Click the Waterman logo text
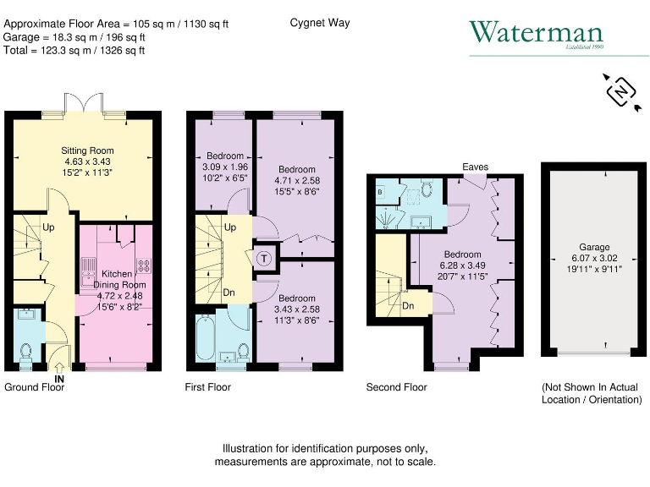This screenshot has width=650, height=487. tap(536, 34)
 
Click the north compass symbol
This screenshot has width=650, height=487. tap(621, 90)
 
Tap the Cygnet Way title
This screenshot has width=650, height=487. tap(319, 23)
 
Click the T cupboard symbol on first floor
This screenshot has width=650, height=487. tap(264, 258)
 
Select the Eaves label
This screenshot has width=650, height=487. tap(475, 167)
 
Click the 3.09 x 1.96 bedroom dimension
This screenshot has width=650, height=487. tap(224, 167)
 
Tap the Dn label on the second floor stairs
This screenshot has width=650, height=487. tap(408, 306)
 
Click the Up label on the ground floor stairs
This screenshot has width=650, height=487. tap(49, 228)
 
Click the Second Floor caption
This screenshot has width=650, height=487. tap(396, 387)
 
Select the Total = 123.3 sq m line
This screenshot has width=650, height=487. tap(74, 51)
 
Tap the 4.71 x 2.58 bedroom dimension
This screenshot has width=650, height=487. tap(297, 180)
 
